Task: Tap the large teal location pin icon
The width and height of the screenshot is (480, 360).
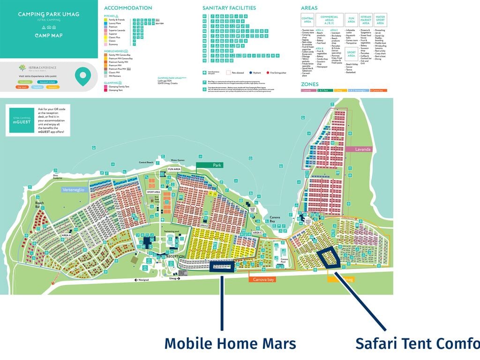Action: tap(83, 76)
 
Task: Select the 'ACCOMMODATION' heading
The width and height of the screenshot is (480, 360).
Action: tap(128, 8)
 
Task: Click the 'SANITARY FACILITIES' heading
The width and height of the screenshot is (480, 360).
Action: tap(229, 8)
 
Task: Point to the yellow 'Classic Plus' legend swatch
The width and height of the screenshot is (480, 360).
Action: tap(106, 37)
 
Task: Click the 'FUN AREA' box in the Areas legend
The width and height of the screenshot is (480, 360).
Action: tap(351, 19)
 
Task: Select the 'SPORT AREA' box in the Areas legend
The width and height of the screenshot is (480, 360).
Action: tap(351, 55)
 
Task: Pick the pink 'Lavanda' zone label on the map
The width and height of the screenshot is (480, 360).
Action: tap(362, 149)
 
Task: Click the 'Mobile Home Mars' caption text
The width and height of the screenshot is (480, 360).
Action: tap(230, 344)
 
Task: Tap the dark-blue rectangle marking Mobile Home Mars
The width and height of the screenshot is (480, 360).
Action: tap(222, 267)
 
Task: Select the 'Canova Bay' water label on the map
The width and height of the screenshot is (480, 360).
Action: tap(276, 219)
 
